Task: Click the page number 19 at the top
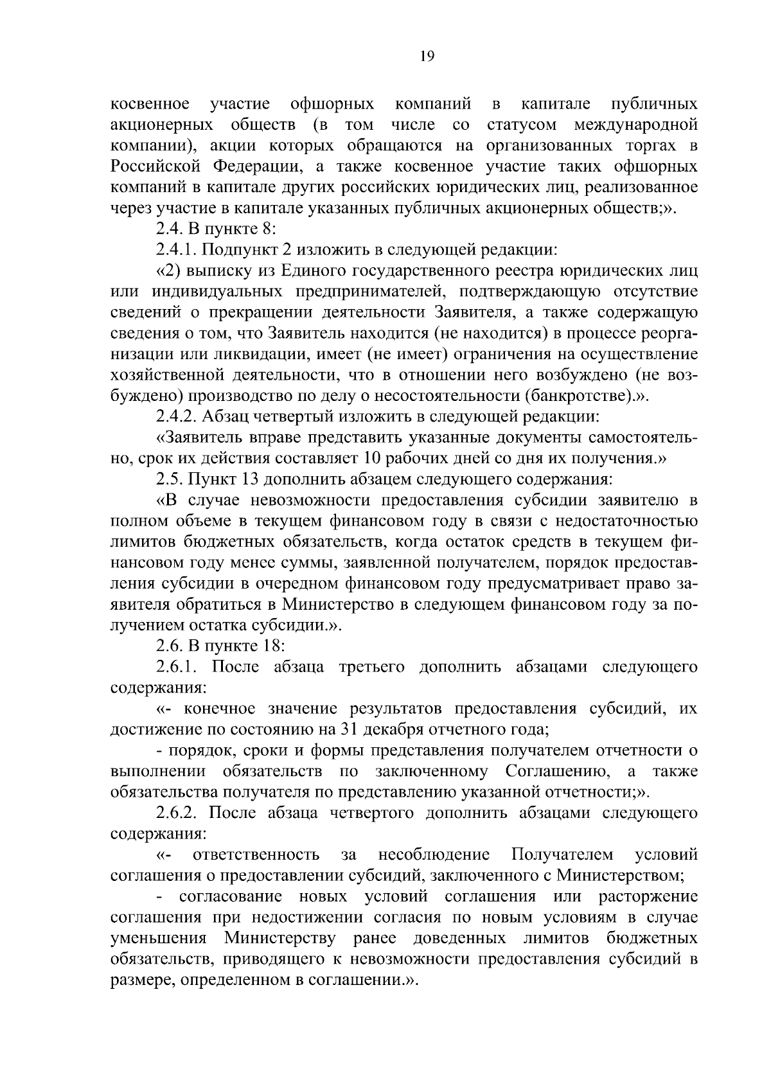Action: point(427,57)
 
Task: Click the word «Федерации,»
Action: point(257,166)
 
